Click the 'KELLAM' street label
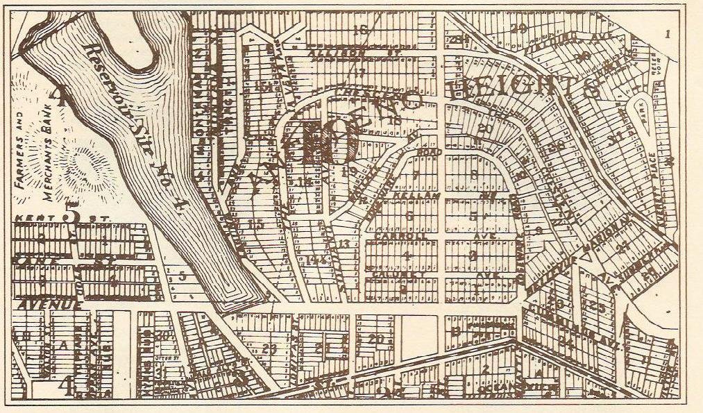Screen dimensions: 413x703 (407, 197)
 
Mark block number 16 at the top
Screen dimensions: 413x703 (359, 29)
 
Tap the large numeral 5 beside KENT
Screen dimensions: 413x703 (71, 216)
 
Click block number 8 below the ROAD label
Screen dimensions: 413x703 (475, 176)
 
